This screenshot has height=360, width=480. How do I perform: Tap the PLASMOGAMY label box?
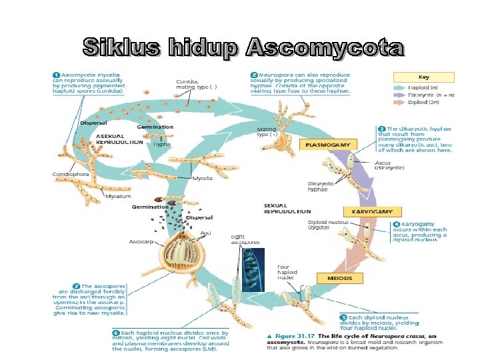click(330, 144)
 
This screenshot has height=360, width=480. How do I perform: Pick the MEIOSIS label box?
click(345, 277)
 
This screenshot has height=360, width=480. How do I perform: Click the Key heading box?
click(423, 77)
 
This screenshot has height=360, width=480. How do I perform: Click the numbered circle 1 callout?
click(57, 74)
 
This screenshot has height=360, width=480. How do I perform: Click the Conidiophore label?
click(70, 174)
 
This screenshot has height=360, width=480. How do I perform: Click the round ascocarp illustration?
click(182, 253)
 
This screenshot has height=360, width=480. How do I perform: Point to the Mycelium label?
click(117, 196)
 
